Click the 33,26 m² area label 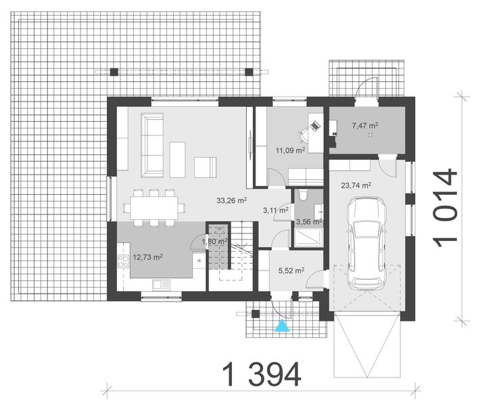[x=231, y=200]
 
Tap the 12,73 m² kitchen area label [x=147, y=257]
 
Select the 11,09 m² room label [x=290, y=150]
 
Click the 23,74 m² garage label [x=356, y=185]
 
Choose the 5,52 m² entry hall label [x=291, y=271]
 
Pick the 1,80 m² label [x=215, y=242]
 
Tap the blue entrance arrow [x=281, y=327]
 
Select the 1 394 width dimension [x=261, y=374]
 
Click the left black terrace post [x=114, y=71]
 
